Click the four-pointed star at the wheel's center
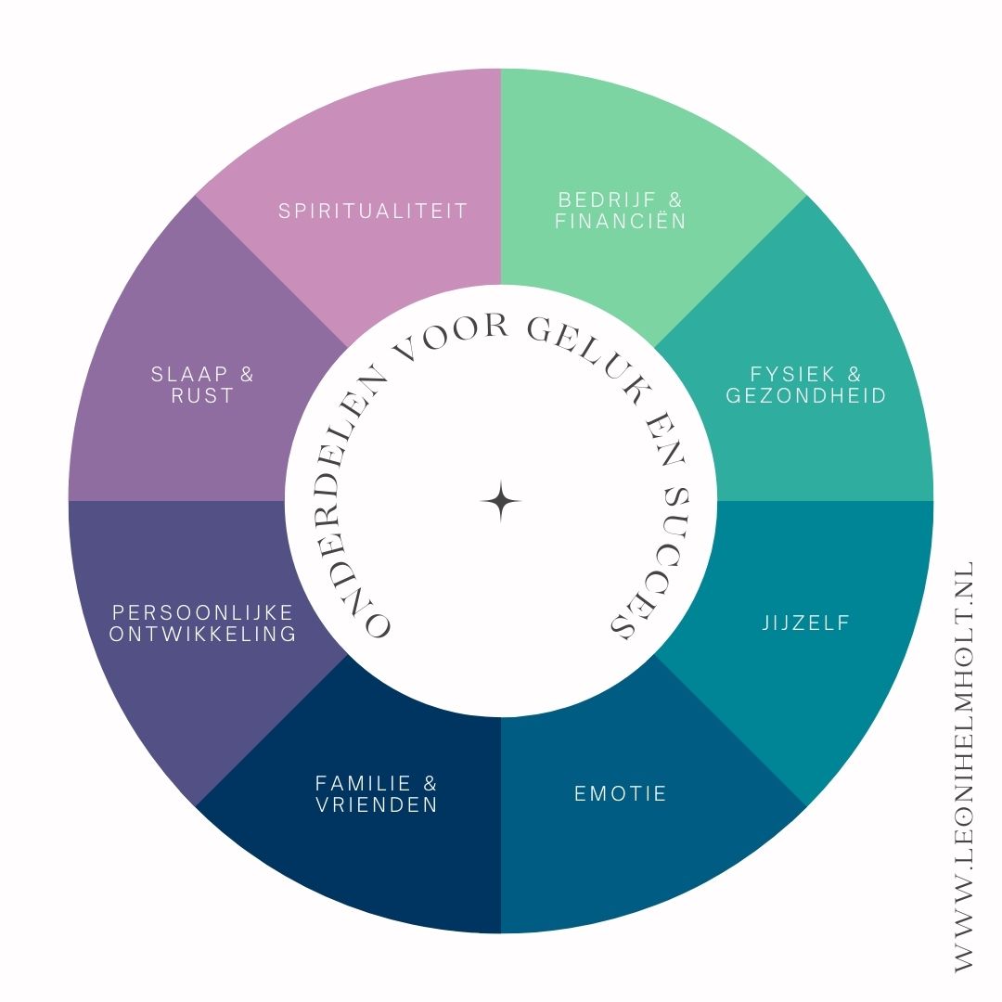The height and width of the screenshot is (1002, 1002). click(501, 501)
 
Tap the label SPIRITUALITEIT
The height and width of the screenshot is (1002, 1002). click(373, 211)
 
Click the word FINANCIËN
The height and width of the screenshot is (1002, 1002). click(621, 222)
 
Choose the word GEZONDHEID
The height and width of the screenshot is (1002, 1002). click(806, 396)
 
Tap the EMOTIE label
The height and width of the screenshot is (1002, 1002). click(621, 794)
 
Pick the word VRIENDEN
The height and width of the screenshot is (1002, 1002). click(376, 805)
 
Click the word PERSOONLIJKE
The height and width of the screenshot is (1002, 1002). click(202, 613)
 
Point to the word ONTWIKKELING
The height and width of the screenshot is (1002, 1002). click(202, 635)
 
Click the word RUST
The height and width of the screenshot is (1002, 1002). click(202, 396)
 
